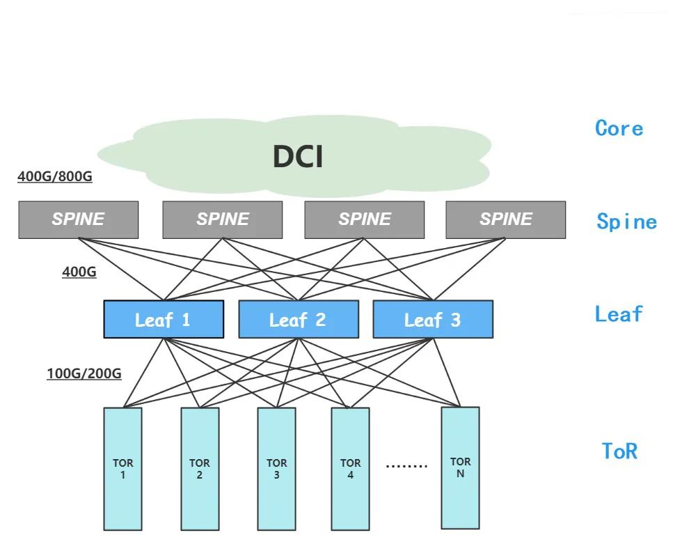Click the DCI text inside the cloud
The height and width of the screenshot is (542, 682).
pos(298,157)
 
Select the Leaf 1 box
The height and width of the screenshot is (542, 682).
pos(164,320)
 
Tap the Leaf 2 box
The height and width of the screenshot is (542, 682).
pos(299,320)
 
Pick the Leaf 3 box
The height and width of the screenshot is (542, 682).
pos(433,320)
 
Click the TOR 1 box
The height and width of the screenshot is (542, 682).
pos(123,469)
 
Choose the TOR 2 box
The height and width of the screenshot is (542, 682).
pos(200,469)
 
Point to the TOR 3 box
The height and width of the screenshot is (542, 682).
pos(276,469)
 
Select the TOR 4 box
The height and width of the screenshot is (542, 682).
pos(350,469)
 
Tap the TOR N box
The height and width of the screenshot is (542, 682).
pos(460,467)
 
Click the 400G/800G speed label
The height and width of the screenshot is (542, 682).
pos(55,177)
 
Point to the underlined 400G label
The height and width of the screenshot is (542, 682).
pos(79,272)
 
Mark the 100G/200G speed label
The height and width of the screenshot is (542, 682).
pos(84,374)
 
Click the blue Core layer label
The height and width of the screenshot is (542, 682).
pos(619,128)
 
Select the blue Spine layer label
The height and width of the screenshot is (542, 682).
pos(626,222)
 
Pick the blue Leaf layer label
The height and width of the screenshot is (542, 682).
pos(619,314)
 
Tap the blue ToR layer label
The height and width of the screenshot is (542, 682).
pos(619,451)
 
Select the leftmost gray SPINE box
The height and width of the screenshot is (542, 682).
pos(78,219)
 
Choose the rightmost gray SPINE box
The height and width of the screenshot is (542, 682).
pos(506,219)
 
